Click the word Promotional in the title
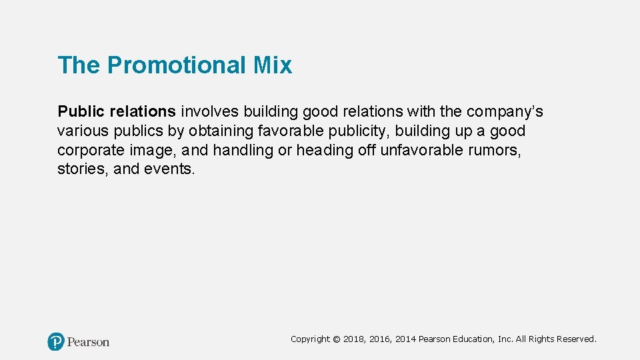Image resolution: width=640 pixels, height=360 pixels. [x=177, y=65]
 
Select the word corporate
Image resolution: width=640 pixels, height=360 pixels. [x=90, y=150]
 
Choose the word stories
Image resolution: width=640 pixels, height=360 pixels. [x=83, y=169]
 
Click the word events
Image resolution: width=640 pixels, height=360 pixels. [x=169, y=169]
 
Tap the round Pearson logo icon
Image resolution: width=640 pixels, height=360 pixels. [x=56, y=341]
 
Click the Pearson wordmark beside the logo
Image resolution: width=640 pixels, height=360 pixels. [x=88, y=342]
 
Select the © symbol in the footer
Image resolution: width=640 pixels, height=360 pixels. [x=336, y=339]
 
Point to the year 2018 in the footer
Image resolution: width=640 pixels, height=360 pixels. [x=353, y=339]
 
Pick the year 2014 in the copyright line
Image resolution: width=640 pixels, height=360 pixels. [x=405, y=339]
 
